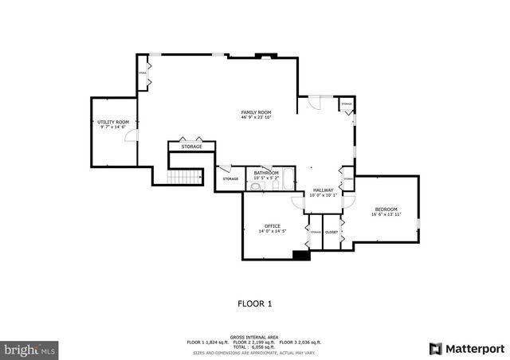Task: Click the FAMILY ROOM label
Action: tap(257, 112)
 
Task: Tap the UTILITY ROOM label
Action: tap(113, 122)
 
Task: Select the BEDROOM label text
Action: tap(386, 209)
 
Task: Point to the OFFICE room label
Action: tap(273, 225)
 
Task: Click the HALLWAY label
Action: tap(323, 190)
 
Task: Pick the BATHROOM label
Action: tap(266, 173)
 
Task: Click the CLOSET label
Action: tap(331, 232)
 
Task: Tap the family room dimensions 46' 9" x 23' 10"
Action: tap(257, 118)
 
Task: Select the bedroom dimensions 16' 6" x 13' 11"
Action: tap(386, 214)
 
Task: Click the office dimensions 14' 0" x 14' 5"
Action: tap(273, 231)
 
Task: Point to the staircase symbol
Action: tap(185, 176)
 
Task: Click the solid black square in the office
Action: tap(301, 256)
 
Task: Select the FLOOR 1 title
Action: tap(255, 303)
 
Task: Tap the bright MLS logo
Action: tap(30, 349)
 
